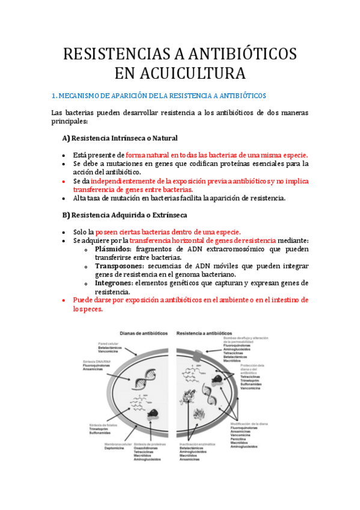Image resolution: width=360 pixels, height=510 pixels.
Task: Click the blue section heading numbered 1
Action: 159,96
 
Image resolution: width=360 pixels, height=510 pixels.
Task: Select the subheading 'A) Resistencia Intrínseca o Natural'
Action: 120,138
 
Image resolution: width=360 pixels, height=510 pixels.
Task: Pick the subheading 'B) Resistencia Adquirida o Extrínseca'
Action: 124,215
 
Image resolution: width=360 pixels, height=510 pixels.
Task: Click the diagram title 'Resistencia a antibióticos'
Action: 204,333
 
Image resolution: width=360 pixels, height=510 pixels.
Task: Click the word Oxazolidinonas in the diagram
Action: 146,448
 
